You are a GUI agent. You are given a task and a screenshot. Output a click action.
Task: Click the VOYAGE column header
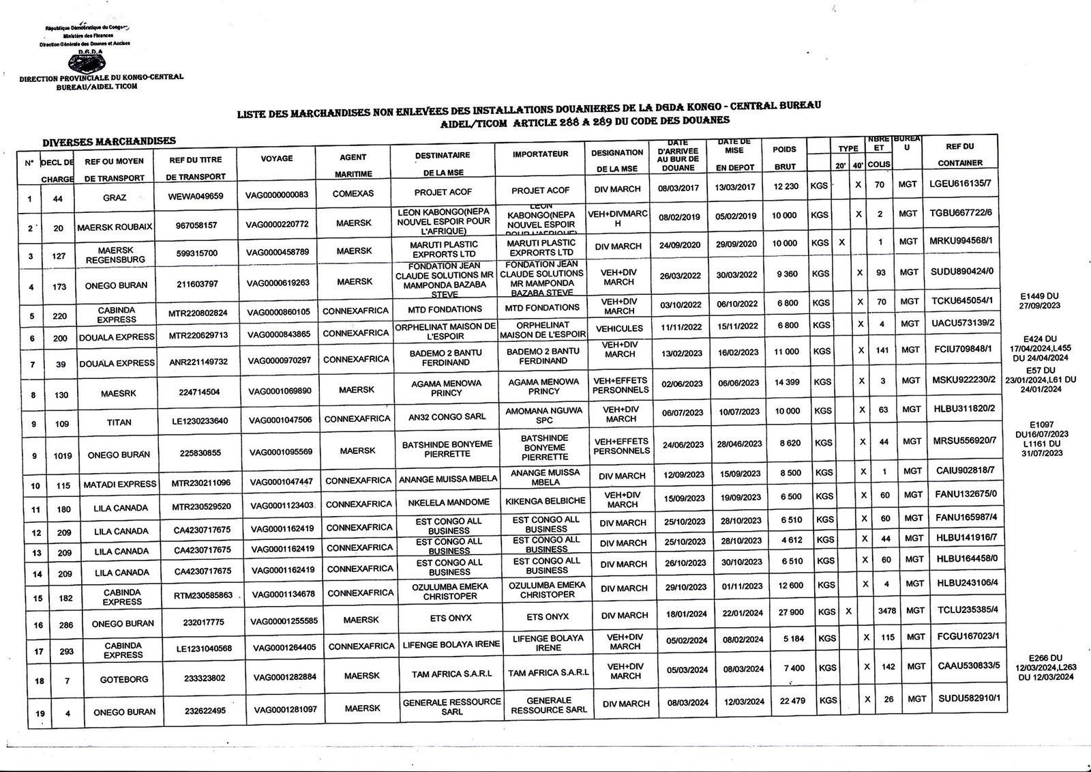click(x=277, y=158)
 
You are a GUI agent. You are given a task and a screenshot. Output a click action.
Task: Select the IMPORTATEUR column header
click(x=541, y=154)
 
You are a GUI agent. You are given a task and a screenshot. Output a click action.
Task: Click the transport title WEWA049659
click(x=196, y=196)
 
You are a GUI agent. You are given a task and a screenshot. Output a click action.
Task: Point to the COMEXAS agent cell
click(x=353, y=193)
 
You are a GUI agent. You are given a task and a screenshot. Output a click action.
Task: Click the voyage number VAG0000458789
click(x=278, y=252)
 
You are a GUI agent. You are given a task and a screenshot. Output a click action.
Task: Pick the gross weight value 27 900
click(x=786, y=612)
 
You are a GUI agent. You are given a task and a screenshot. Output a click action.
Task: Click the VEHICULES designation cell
click(x=619, y=328)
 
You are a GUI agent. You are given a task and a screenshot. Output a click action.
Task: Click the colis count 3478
click(x=887, y=611)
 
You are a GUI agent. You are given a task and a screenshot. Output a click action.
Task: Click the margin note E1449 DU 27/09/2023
click(x=1044, y=301)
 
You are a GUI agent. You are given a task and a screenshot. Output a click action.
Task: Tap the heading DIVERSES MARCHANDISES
click(x=109, y=142)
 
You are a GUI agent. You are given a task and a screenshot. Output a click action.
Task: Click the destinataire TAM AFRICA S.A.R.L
click(x=451, y=674)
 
